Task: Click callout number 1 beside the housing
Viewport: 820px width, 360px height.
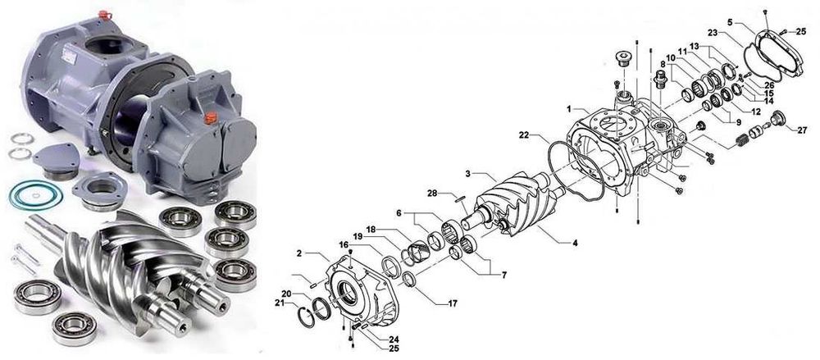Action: (x=568, y=109)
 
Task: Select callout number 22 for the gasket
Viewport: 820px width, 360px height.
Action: (x=525, y=135)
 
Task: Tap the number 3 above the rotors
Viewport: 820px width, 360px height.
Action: (x=469, y=173)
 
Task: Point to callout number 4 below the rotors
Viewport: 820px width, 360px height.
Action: (x=576, y=243)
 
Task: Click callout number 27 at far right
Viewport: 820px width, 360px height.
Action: (x=802, y=130)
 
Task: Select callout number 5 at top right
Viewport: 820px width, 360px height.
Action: (x=730, y=22)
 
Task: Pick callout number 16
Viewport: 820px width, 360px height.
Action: (x=343, y=244)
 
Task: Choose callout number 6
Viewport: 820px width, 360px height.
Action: (x=399, y=213)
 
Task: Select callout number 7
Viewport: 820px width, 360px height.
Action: (x=504, y=274)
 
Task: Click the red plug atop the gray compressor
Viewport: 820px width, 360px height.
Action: (x=105, y=15)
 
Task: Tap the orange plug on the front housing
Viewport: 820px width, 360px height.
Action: (x=210, y=117)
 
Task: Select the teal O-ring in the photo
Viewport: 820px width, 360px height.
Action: (x=36, y=194)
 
